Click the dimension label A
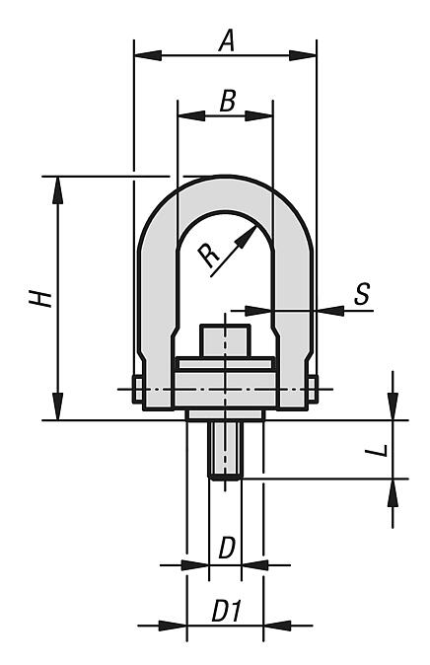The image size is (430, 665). [x=227, y=42]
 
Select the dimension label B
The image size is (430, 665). [x=228, y=101]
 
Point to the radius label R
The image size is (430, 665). [x=209, y=256]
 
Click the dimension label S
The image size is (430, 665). [x=362, y=293]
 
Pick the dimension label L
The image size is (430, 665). [x=378, y=450]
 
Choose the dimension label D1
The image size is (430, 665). [x=227, y=611]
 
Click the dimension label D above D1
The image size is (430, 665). [x=227, y=548]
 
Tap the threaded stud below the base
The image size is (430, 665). [x=225, y=450]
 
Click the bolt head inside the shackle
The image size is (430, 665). [x=225, y=340]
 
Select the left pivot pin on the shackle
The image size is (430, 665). [x=138, y=389]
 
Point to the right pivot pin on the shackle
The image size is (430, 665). [x=313, y=389]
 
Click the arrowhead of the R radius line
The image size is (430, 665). [x=246, y=237]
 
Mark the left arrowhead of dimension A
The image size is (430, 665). [x=148, y=55]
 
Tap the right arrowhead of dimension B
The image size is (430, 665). [x=258, y=115]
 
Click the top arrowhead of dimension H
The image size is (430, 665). [x=58, y=189]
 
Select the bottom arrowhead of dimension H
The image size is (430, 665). [x=58, y=406]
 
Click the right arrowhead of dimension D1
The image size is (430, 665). [x=277, y=626]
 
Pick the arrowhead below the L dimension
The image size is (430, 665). [x=394, y=492]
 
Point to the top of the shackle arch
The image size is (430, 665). [x=226, y=177]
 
